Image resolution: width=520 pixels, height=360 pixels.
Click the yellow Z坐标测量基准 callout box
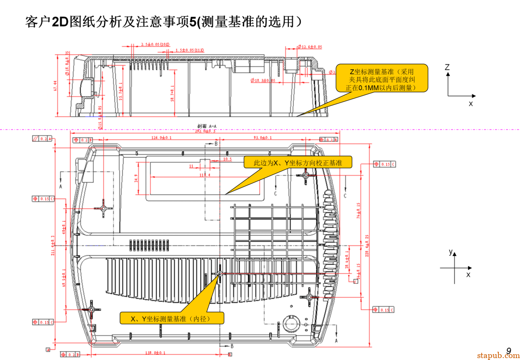pyautogui.click(x=382, y=78)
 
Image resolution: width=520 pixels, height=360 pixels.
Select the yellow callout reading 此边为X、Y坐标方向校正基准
pyautogui.click(x=298, y=163)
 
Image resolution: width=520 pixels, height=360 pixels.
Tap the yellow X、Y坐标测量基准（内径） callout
pyautogui.click(x=171, y=319)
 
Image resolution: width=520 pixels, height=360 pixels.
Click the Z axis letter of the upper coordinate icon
pyautogui.click(x=447, y=68)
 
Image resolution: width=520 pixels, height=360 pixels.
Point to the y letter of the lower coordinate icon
pyautogui.click(x=451, y=252)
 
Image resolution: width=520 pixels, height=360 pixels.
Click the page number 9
pyautogui.click(x=508, y=351)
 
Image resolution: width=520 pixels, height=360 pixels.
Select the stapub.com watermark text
pyautogui.click(x=498, y=356)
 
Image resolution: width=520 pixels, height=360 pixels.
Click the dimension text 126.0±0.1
pyautogui.click(x=162, y=138)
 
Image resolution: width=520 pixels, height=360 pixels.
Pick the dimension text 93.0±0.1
pyautogui.click(x=262, y=138)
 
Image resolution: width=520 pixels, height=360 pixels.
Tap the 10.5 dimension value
pyautogui.click(x=227, y=159)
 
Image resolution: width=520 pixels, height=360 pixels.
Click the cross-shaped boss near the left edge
pyautogui.click(x=103, y=208)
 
